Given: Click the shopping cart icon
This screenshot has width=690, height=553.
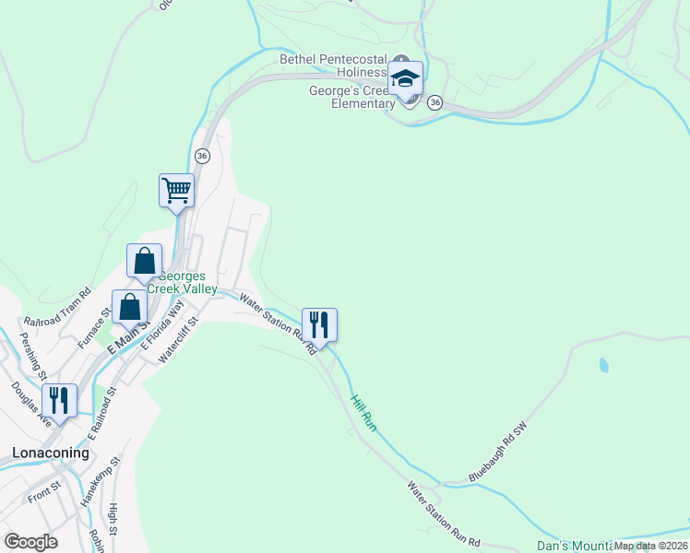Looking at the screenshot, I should click(176, 191).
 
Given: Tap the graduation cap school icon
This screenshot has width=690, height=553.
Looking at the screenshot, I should click(405, 78).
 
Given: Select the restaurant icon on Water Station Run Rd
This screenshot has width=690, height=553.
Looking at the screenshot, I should click(319, 325).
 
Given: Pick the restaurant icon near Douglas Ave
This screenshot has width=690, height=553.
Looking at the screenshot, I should click(60, 401).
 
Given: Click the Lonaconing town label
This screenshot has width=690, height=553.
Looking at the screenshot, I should click(51, 453).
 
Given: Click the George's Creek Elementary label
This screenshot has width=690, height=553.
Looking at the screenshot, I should click(351, 97).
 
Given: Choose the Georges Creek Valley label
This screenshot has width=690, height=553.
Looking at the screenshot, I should click(188, 282).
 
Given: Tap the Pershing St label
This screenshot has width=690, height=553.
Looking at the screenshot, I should click(36, 359).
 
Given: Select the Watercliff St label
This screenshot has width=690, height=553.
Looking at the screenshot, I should click(179, 338).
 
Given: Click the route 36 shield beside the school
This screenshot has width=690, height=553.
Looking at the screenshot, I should click(435, 102).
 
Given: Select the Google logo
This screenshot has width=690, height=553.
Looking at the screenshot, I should click(31, 542).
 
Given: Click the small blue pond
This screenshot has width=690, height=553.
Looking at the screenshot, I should click(603, 365).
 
